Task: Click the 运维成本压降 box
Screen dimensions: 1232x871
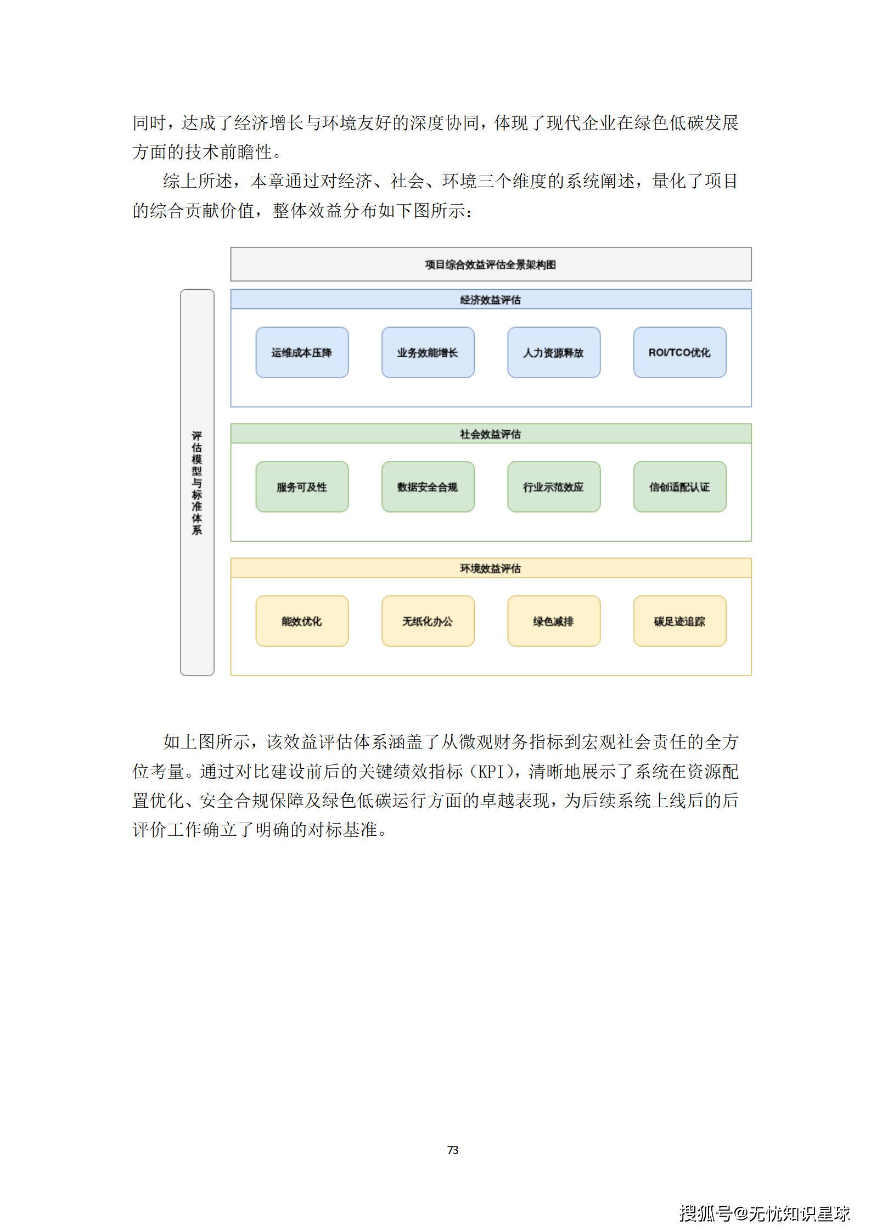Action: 302,352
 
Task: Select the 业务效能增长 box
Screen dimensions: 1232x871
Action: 428,352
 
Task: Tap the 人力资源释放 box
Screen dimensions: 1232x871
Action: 553,352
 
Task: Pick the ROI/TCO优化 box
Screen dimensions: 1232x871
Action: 679,352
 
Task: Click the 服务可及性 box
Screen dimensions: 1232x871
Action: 302,487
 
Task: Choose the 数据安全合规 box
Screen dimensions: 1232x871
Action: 428,487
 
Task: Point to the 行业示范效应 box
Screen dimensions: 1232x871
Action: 553,487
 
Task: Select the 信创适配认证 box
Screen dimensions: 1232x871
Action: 679,487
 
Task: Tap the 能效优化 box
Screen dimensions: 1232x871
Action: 302,621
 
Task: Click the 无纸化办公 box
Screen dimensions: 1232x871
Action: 428,621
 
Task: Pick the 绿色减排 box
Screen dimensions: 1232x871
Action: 553,621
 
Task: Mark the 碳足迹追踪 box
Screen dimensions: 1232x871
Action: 679,621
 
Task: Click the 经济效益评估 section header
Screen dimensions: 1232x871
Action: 490,300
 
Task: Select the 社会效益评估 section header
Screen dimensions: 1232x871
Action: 490,434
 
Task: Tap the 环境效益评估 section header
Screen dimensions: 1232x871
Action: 490,569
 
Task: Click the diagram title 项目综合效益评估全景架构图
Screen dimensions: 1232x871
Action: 490,265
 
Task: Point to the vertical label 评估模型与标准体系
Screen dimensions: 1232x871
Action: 197,482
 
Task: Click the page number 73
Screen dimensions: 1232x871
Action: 453,1150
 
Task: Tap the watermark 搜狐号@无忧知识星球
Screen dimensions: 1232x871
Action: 765,1213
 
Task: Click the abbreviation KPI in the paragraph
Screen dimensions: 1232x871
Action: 491,772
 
